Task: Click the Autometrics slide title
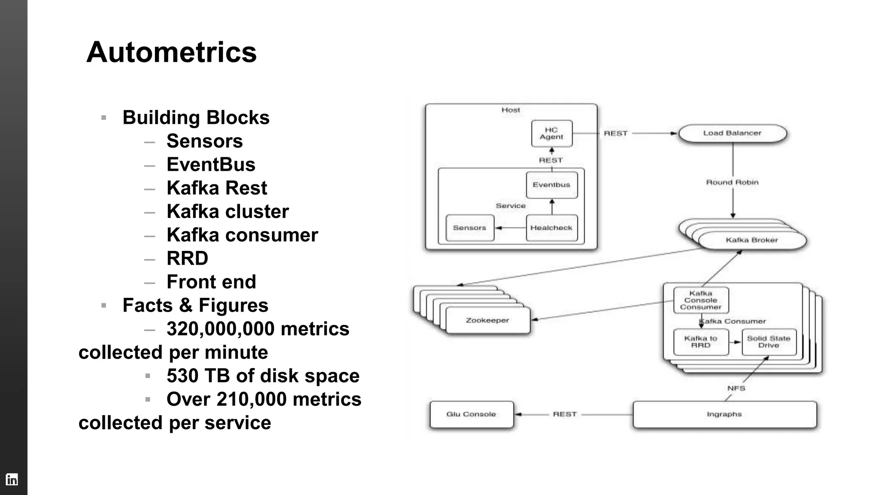(x=171, y=52)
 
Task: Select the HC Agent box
(x=551, y=134)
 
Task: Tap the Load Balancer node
(x=732, y=133)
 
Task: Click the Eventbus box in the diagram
(x=551, y=185)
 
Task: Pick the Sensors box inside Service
(x=469, y=228)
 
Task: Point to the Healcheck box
(x=551, y=228)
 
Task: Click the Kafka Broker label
(x=752, y=240)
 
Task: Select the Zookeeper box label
(x=487, y=321)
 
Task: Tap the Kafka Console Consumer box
(x=700, y=300)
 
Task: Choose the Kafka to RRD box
(x=700, y=342)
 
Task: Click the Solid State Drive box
(x=769, y=342)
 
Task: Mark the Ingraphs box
(x=724, y=415)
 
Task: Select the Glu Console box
(x=471, y=415)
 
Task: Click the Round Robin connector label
(x=732, y=183)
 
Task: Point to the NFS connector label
(x=736, y=388)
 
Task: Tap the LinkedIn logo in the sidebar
(x=12, y=479)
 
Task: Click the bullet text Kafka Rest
(x=217, y=188)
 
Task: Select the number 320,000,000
(x=220, y=329)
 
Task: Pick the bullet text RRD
(x=187, y=259)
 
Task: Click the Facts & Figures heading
(x=195, y=306)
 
